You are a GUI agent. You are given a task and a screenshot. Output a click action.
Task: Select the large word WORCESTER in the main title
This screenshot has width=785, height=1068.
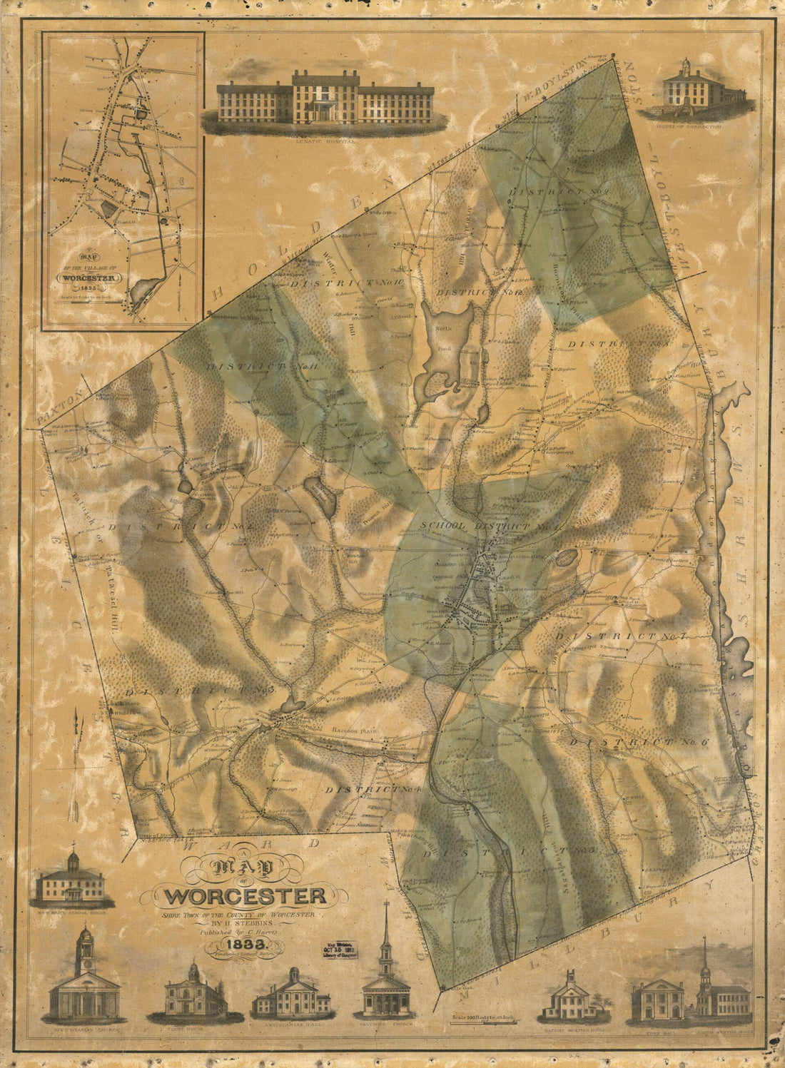click(x=245, y=895)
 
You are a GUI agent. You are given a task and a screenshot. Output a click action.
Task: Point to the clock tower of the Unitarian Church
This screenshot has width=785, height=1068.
click(x=84, y=945)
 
